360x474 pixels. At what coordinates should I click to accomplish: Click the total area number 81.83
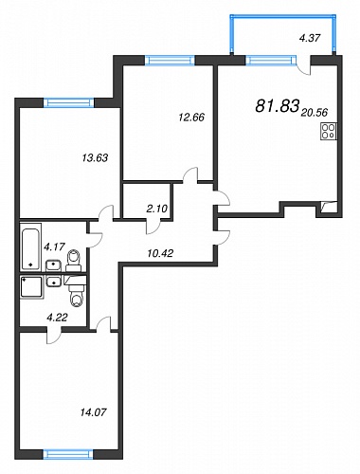[x=277, y=105]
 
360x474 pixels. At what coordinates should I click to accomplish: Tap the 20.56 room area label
[x=315, y=112]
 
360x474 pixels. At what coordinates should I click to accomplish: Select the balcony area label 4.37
[x=310, y=38]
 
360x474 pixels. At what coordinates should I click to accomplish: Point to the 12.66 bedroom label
[x=191, y=118]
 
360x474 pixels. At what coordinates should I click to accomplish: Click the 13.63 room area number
[x=95, y=157]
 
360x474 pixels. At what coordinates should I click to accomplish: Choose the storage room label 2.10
[x=157, y=209]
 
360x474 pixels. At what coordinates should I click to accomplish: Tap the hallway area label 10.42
[x=160, y=253]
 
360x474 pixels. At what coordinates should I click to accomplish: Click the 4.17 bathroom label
[x=54, y=246]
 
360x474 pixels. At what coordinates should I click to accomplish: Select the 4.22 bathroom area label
[x=57, y=318]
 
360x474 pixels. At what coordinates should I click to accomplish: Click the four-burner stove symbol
[x=329, y=132]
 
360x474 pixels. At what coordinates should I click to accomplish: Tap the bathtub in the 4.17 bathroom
[x=30, y=246]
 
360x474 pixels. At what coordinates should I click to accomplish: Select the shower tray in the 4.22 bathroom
[x=31, y=287]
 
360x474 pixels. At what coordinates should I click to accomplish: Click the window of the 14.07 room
[x=68, y=454]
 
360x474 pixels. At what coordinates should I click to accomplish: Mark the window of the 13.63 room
[x=69, y=102]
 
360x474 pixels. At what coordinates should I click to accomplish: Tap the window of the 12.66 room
[x=170, y=60]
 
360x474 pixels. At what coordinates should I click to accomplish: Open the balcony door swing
[x=304, y=66]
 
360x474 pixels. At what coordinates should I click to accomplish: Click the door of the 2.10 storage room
[x=153, y=227]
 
